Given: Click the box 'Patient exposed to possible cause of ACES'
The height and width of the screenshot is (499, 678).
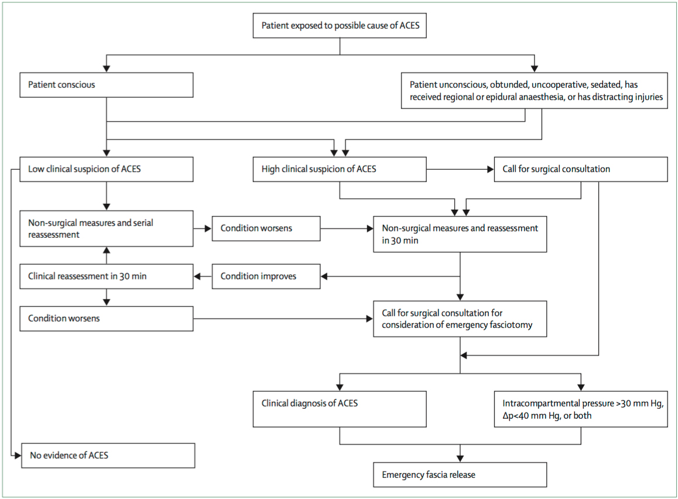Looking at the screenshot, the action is pyautogui.click(x=340, y=26).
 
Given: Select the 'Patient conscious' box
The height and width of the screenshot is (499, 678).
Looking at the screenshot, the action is pyautogui.click(x=107, y=85).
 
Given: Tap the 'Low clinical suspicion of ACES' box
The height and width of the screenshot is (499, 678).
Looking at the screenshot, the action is pyautogui.click(x=107, y=169).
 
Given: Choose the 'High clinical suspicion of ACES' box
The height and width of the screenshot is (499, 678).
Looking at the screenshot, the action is pyautogui.click(x=340, y=169).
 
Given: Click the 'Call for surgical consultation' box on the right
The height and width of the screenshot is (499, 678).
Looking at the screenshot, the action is pyautogui.click(x=581, y=169).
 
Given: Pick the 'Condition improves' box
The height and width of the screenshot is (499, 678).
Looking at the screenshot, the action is pyautogui.click(x=266, y=276).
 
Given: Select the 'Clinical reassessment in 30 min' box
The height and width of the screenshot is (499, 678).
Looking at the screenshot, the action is pyautogui.click(x=107, y=276).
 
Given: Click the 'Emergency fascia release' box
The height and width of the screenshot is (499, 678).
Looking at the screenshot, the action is pyautogui.click(x=460, y=475).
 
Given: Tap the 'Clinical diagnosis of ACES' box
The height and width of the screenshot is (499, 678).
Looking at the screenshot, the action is pyautogui.click(x=340, y=409).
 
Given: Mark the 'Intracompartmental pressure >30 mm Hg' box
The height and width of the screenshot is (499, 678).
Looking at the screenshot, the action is pyautogui.click(x=581, y=409).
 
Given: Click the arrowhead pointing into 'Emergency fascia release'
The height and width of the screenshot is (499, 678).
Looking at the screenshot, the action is pyautogui.click(x=460, y=459).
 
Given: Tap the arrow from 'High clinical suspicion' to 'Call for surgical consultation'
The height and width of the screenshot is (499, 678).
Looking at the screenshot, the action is pyautogui.click(x=460, y=169).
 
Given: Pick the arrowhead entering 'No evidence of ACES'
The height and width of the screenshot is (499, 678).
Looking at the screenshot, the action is pyautogui.click(x=18, y=455).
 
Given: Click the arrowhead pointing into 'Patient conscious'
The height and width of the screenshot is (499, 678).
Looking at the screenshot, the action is pyautogui.click(x=107, y=69).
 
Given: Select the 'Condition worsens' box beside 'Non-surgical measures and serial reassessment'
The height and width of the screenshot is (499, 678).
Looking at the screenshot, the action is pyautogui.click(x=266, y=228).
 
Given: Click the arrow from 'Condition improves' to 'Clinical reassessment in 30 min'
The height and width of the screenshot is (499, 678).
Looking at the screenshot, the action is pyautogui.click(x=203, y=276).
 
